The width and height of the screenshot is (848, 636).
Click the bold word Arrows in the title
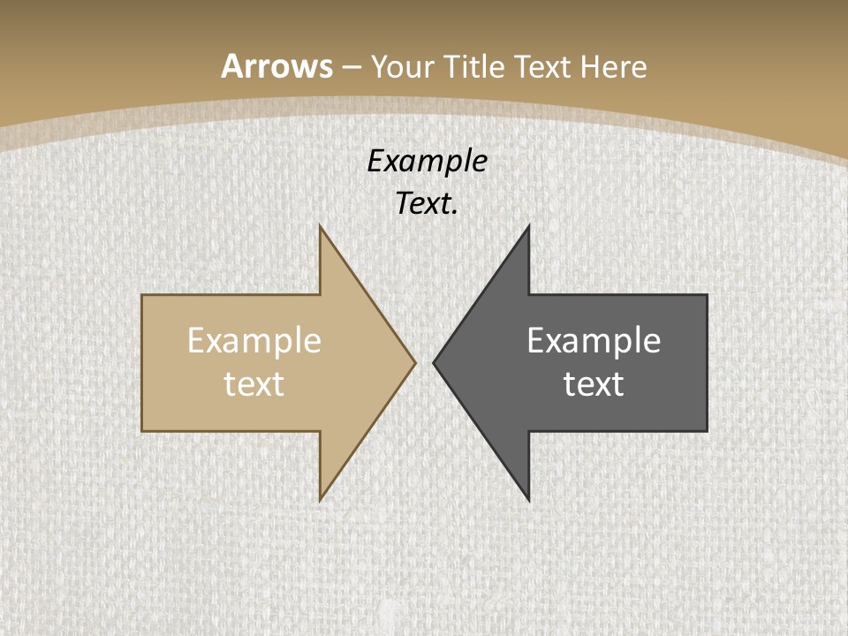(277, 66)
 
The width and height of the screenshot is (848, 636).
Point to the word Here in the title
(616, 66)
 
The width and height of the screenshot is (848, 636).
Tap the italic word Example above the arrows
(428, 162)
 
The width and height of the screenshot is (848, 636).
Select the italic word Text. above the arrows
(428, 204)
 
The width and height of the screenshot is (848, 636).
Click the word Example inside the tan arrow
(254, 341)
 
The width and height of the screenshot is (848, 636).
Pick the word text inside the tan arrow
(254, 384)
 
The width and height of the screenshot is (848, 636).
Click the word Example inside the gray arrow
(594, 341)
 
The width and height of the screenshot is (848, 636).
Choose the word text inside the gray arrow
(594, 384)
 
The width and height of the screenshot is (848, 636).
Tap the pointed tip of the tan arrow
(415, 362)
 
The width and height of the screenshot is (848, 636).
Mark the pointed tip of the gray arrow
(434, 362)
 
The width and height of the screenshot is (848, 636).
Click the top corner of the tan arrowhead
(320, 226)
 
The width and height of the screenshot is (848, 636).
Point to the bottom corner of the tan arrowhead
(320, 500)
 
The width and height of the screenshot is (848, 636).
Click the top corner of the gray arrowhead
(529, 226)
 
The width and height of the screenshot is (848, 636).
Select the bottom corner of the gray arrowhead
(529, 500)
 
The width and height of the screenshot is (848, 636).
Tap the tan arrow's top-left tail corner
(142, 295)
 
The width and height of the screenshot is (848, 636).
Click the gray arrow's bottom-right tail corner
(707, 431)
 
